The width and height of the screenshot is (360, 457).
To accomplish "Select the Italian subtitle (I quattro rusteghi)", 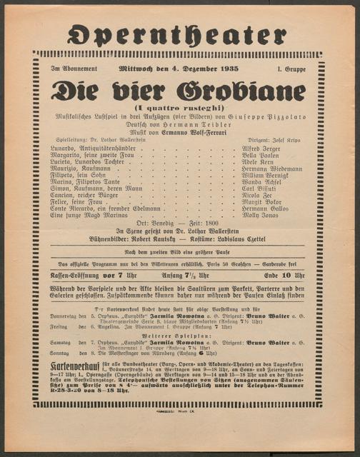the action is pos(178,106).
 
